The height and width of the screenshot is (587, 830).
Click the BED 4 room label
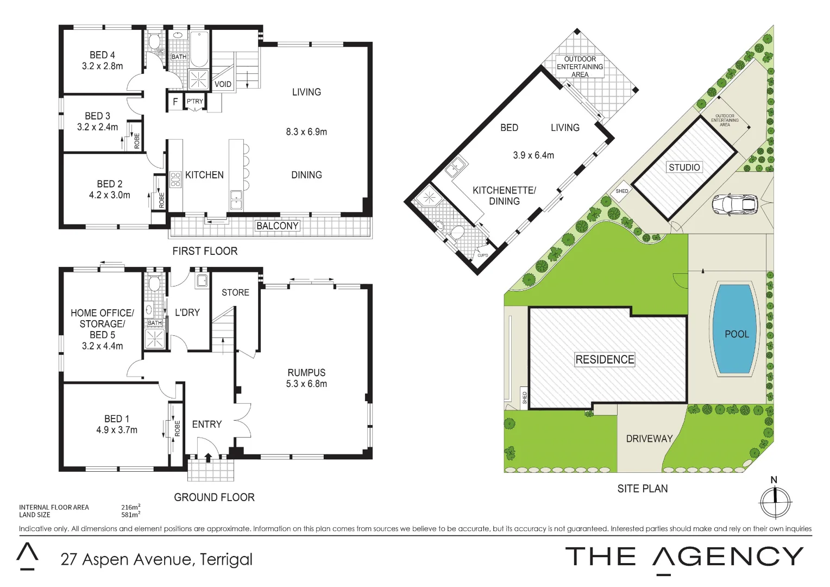[x=102, y=55]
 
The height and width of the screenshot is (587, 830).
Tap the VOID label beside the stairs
[x=223, y=84]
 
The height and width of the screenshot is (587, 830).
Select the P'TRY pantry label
[x=194, y=102]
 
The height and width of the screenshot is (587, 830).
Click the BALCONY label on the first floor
[x=277, y=226]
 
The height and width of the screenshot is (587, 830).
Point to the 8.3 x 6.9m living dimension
[x=306, y=132]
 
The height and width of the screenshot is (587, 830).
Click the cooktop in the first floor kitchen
[x=175, y=179]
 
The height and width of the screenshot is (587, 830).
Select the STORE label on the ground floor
[x=235, y=292]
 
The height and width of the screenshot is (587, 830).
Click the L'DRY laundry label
[x=187, y=313]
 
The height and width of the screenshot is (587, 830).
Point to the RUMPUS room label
[x=306, y=373]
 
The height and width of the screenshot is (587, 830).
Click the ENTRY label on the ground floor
[x=207, y=424]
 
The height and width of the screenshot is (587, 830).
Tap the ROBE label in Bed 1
[x=177, y=428]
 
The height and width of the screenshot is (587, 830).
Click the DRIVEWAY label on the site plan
[x=649, y=439]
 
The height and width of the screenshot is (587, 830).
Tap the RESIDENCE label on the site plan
[x=605, y=359]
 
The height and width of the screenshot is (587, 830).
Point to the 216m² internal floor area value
[x=130, y=507]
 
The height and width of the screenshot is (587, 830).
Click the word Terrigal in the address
[x=226, y=559]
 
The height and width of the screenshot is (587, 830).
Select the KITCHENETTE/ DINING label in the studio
[x=504, y=196]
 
